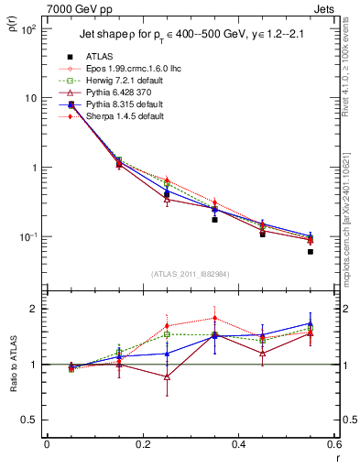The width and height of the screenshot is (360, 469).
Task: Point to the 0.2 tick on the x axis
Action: [142, 445]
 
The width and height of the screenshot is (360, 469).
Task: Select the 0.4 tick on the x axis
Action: [238, 445]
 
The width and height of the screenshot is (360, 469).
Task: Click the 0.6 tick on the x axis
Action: [333, 445]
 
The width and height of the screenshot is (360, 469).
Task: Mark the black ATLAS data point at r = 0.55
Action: [311, 252]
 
